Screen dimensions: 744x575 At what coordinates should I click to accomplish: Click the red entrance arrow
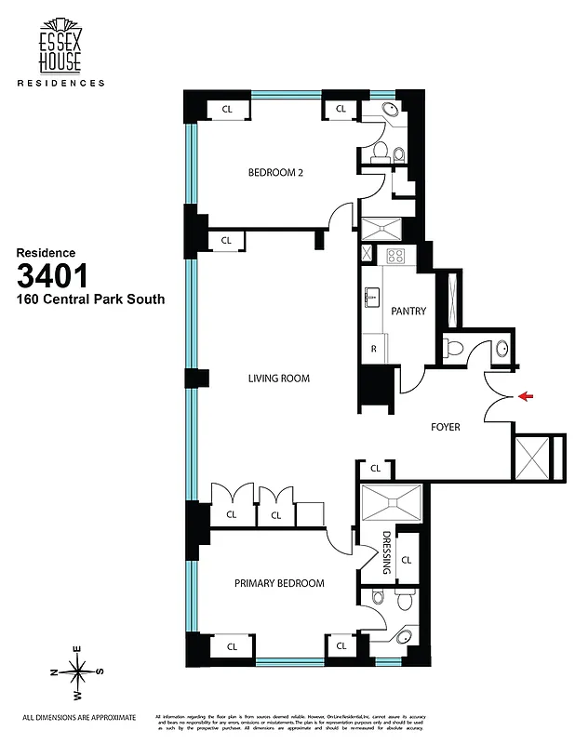[526, 397]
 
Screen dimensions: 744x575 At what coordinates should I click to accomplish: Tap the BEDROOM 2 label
[275, 173]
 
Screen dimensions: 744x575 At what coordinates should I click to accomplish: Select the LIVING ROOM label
[278, 379]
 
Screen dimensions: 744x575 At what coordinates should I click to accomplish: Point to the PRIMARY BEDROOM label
[279, 583]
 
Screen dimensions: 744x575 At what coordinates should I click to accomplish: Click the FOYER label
[447, 429]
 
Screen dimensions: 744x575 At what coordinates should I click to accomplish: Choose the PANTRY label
[408, 311]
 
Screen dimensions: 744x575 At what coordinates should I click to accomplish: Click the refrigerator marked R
[373, 351]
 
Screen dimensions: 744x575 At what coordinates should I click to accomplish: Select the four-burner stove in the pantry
[395, 255]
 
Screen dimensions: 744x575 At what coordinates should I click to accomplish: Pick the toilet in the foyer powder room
[452, 348]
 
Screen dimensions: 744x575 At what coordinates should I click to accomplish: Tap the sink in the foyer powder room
[501, 349]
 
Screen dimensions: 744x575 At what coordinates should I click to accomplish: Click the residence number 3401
[52, 275]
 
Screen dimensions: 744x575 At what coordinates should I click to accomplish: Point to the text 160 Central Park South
[90, 299]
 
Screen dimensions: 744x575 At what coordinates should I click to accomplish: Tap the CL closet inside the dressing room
[406, 560]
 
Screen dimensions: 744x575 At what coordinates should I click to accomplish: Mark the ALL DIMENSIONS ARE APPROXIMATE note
[79, 717]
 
